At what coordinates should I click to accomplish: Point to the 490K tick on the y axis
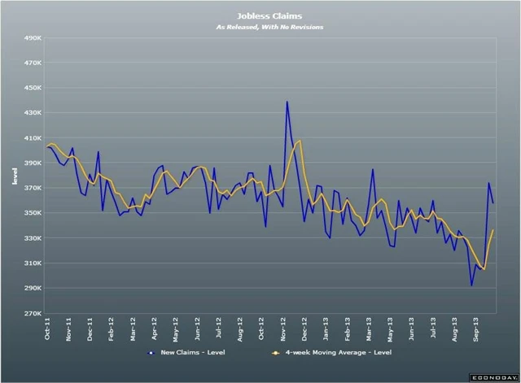[32, 37]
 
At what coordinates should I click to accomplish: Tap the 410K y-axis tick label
[32, 138]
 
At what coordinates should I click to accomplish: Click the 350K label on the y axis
[32, 213]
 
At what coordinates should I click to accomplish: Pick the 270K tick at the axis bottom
[32, 313]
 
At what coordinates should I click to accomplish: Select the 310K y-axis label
[32, 263]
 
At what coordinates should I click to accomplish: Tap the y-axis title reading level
[14, 175]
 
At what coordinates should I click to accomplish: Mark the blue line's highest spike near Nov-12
[287, 102]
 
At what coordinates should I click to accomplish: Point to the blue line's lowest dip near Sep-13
[471, 285]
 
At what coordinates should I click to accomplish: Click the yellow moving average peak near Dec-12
[300, 141]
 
